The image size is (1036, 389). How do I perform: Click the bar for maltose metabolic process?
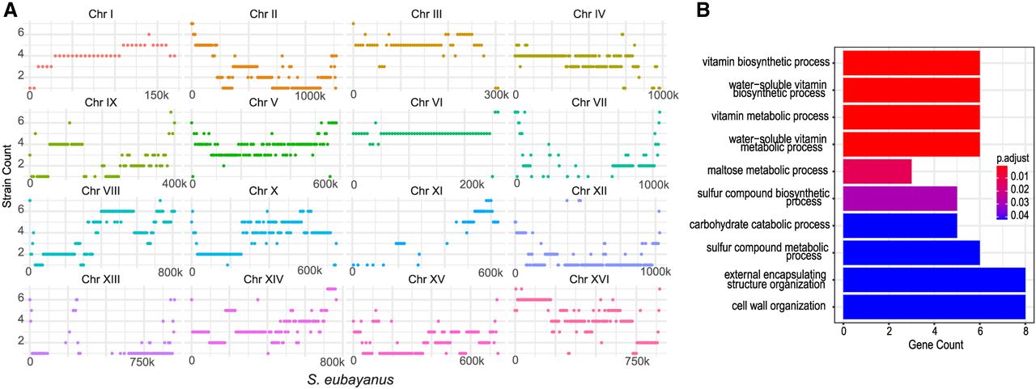tap(877, 171)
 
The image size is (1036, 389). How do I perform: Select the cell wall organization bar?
tap(934, 307)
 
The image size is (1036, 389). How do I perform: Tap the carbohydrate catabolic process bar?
tap(900, 225)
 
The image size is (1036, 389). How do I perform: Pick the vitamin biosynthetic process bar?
tap(911, 63)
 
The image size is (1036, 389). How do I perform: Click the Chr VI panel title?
tap(427, 103)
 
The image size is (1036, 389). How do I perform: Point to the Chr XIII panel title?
tap(101, 279)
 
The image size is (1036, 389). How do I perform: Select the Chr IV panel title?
tap(588, 14)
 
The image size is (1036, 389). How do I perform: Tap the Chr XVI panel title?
tap(588, 279)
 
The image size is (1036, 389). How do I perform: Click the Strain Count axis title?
tap(7, 176)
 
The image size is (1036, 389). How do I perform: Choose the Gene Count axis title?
tap(936, 345)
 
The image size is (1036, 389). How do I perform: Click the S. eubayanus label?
tap(350, 380)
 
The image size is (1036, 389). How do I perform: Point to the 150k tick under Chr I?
tap(156, 95)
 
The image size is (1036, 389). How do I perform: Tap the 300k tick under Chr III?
tap(496, 95)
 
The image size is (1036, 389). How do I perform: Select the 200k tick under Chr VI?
tap(472, 184)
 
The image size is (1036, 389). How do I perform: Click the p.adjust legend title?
tap(1013, 159)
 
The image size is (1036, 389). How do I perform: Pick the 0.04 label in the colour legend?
tap(1020, 215)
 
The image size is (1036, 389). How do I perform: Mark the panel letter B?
tap(703, 11)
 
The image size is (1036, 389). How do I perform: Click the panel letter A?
tap(11, 11)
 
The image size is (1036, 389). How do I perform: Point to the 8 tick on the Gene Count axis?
tap(1025, 331)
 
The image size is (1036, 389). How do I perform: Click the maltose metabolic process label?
tap(767, 171)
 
